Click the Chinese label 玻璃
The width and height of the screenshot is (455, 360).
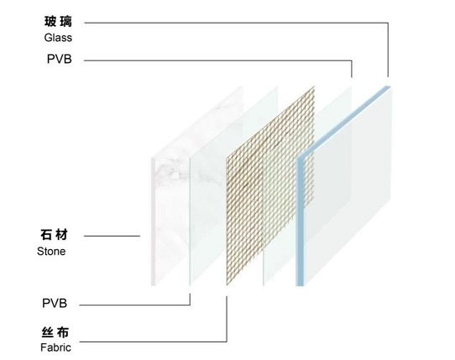click(x=58, y=22)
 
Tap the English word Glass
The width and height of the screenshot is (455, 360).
click(x=58, y=38)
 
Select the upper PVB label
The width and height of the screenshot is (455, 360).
click(x=60, y=60)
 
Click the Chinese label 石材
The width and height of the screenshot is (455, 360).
click(x=54, y=235)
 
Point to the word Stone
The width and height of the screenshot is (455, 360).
click(x=51, y=251)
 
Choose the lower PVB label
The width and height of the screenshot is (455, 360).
click(x=55, y=303)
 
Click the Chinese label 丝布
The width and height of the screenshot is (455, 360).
click(x=55, y=332)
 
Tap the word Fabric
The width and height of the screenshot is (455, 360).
click(x=55, y=347)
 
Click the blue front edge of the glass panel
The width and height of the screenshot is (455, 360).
click(x=300, y=222)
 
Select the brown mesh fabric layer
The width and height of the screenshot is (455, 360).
click(x=270, y=185)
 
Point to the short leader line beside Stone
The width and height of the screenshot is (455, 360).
click(x=112, y=236)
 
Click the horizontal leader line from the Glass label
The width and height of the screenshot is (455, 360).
click(x=236, y=23)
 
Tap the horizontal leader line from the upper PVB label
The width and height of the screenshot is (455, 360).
click(x=218, y=60)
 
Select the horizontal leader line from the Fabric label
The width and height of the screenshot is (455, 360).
click(x=153, y=342)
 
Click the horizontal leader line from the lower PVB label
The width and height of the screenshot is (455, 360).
click(x=134, y=305)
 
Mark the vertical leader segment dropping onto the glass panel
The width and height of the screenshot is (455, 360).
click(x=388, y=50)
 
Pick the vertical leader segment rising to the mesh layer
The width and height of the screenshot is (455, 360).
click(x=227, y=319)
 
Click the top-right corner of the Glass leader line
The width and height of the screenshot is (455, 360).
click(x=388, y=23)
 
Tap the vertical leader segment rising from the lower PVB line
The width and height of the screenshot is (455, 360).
click(x=190, y=300)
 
